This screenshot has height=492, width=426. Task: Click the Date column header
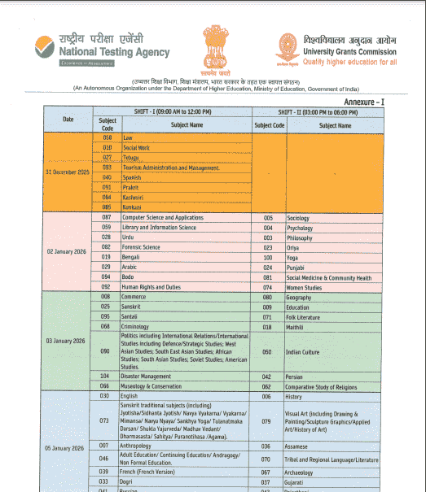click(68, 120)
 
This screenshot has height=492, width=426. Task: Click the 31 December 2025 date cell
click(68, 172)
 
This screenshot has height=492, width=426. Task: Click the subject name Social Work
click(137, 148)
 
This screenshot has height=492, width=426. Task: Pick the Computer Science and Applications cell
click(162, 218)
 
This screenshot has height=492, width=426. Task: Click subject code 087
click(106, 218)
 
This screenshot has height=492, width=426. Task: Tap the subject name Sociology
click(298, 219)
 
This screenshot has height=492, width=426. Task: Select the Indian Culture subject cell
click(303, 352)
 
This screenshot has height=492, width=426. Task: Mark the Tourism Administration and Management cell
click(171, 168)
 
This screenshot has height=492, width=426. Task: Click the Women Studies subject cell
click(303, 287)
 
